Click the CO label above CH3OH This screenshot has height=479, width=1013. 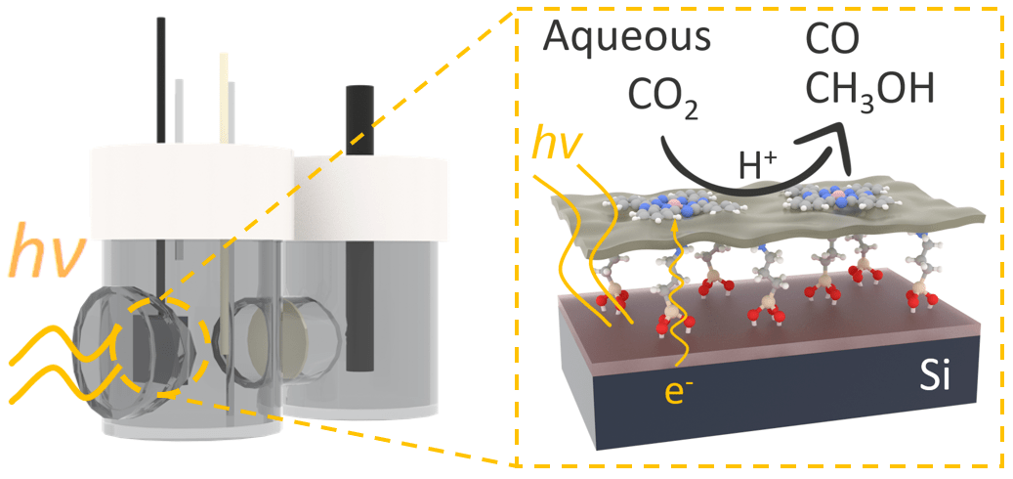[x=833, y=41]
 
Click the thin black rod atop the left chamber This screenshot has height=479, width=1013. [x=161, y=78]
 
